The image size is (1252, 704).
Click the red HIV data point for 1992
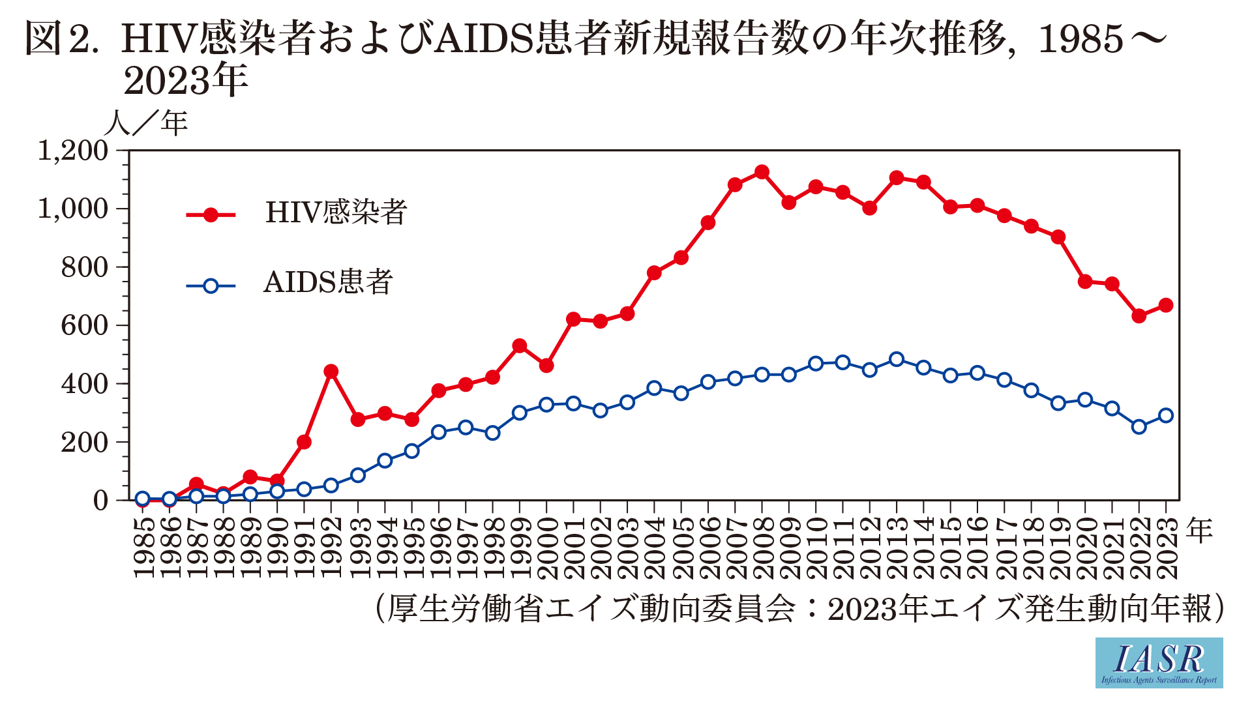331,372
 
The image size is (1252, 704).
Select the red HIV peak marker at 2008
762,172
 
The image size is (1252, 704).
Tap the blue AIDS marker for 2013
897,359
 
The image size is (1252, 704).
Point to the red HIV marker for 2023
1166,305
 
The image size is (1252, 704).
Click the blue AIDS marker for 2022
1139,427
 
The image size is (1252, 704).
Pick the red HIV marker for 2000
546,366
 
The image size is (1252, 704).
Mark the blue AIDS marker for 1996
439,432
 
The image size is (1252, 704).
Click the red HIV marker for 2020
1085,282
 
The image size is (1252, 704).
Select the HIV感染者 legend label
336,213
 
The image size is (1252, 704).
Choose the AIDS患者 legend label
328,283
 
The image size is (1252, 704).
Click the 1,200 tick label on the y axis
73,151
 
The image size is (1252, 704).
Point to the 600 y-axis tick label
85,325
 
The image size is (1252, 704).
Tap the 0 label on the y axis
100,501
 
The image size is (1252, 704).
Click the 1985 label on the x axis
143,548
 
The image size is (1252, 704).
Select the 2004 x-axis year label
655,548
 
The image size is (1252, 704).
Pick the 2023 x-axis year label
1167,548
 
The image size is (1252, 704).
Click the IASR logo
1159,662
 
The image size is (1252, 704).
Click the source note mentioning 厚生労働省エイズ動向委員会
799,609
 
